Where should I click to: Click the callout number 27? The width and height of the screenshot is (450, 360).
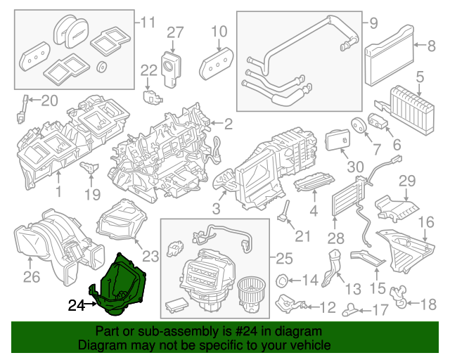coord(174,32)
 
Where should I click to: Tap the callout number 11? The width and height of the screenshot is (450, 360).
coord(147,21)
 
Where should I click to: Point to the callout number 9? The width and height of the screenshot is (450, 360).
coord(373,22)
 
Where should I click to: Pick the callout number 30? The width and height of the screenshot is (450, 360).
coord(356,167)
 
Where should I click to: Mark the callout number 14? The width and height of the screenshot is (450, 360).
coord(309,281)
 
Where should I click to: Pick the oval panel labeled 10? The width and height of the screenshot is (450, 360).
coord(217,65)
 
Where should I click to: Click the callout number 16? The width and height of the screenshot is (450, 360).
coord(426,223)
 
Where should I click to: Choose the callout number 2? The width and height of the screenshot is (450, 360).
coord(228,124)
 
